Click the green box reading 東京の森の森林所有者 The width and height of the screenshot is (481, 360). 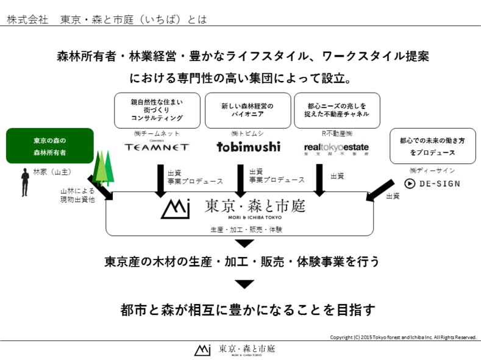pos(50,146)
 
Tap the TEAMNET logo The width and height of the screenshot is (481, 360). pos(157,147)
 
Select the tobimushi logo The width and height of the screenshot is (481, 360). pos(249,146)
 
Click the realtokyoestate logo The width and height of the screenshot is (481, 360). pos(336,147)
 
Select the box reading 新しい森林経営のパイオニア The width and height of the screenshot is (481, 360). pos(247,110)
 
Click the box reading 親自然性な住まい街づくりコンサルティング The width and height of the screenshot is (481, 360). pos(157,110)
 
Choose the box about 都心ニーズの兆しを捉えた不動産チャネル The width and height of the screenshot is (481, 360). pos(337,110)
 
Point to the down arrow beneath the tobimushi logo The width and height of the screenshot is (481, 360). pos(241,180)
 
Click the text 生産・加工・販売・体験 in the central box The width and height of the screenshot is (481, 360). pos(239,230)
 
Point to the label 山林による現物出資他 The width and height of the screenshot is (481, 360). pos(77,195)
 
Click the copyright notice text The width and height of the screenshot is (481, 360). pos(403,337)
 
